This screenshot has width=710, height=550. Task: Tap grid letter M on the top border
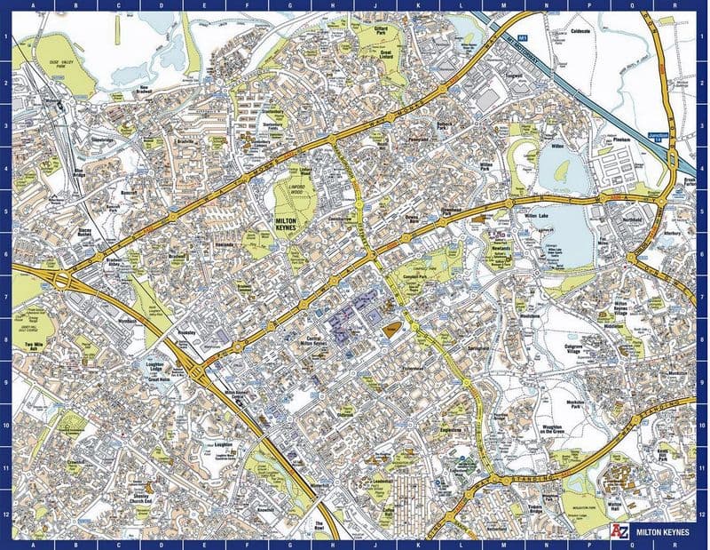[x=503, y=8]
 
